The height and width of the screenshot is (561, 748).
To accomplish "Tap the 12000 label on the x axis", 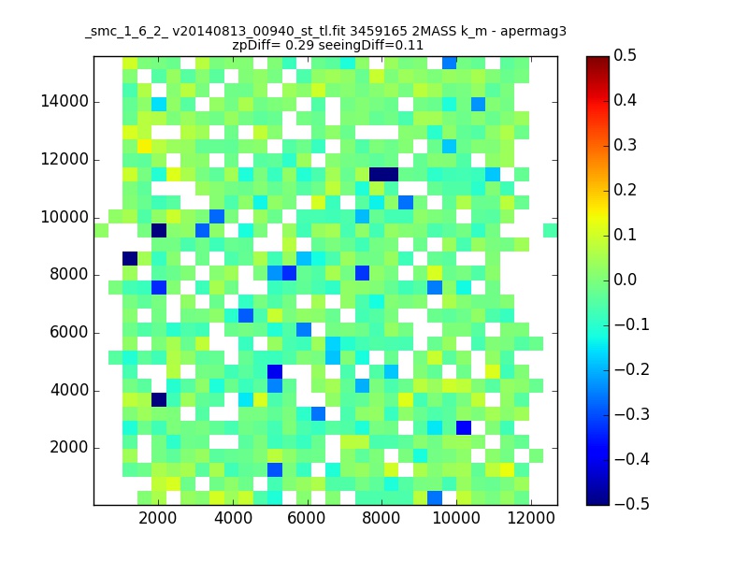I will (531, 520).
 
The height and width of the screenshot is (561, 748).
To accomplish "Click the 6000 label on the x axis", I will (308, 520).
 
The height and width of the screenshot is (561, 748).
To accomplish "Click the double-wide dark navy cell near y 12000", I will (383, 174).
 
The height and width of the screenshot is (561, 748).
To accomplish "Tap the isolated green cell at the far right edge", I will (550, 231).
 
